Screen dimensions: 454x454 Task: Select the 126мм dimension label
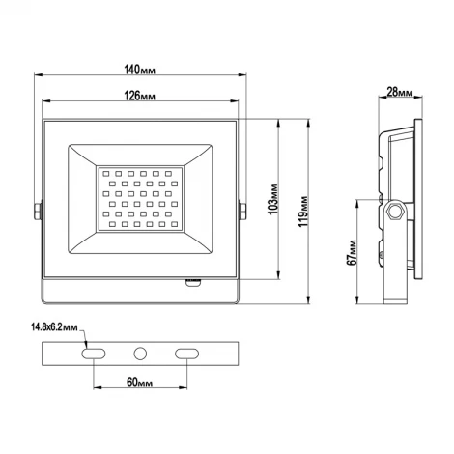140,95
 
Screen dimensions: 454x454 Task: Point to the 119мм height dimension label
304,205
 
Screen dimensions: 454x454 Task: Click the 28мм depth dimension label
400,93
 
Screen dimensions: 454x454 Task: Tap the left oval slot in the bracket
93,355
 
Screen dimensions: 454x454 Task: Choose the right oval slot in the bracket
186,355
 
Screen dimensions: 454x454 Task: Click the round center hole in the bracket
140,355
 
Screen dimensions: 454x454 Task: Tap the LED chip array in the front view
140,197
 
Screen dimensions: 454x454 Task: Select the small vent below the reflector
192,284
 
